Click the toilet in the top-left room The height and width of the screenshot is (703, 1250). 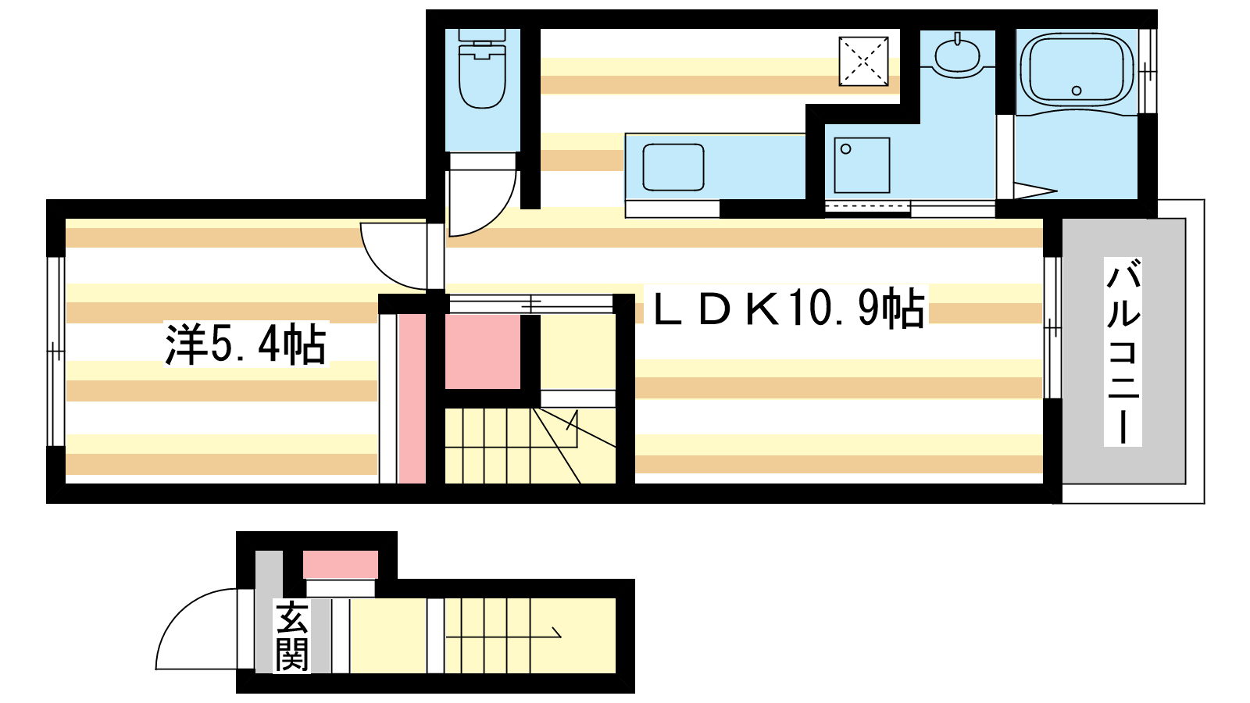(x=481, y=74)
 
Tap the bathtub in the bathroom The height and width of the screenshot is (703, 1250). (x=1076, y=70)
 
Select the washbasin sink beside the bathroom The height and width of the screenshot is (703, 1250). (x=956, y=56)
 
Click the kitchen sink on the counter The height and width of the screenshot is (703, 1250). (x=673, y=167)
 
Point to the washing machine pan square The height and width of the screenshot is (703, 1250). (x=862, y=166)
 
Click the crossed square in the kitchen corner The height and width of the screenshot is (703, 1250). (x=864, y=60)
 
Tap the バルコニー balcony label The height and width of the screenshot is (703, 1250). (x=1123, y=351)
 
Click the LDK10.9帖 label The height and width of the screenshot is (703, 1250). (x=789, y=308)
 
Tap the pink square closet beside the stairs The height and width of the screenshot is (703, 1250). (x=482, y=351)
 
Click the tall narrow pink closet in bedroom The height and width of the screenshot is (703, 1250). (x=412, y=398)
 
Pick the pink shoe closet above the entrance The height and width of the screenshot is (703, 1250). (x=340, y=564)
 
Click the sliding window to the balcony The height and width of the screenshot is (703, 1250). (x=1052, y=328)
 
